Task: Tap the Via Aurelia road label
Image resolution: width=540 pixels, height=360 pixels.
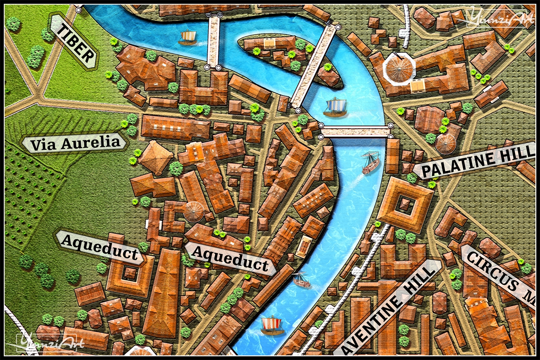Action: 75,143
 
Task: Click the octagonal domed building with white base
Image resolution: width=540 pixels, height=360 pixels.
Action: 398,68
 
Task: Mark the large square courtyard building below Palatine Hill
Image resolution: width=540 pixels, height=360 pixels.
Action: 405,205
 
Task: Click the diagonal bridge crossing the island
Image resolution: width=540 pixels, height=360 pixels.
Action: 315,66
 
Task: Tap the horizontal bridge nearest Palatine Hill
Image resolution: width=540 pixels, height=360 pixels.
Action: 356,132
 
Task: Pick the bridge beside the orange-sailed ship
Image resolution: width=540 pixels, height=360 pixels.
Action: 214,41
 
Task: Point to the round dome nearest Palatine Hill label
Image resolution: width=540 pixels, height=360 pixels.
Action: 446,143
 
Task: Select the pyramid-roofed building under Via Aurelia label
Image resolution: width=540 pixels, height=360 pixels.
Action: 156,157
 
